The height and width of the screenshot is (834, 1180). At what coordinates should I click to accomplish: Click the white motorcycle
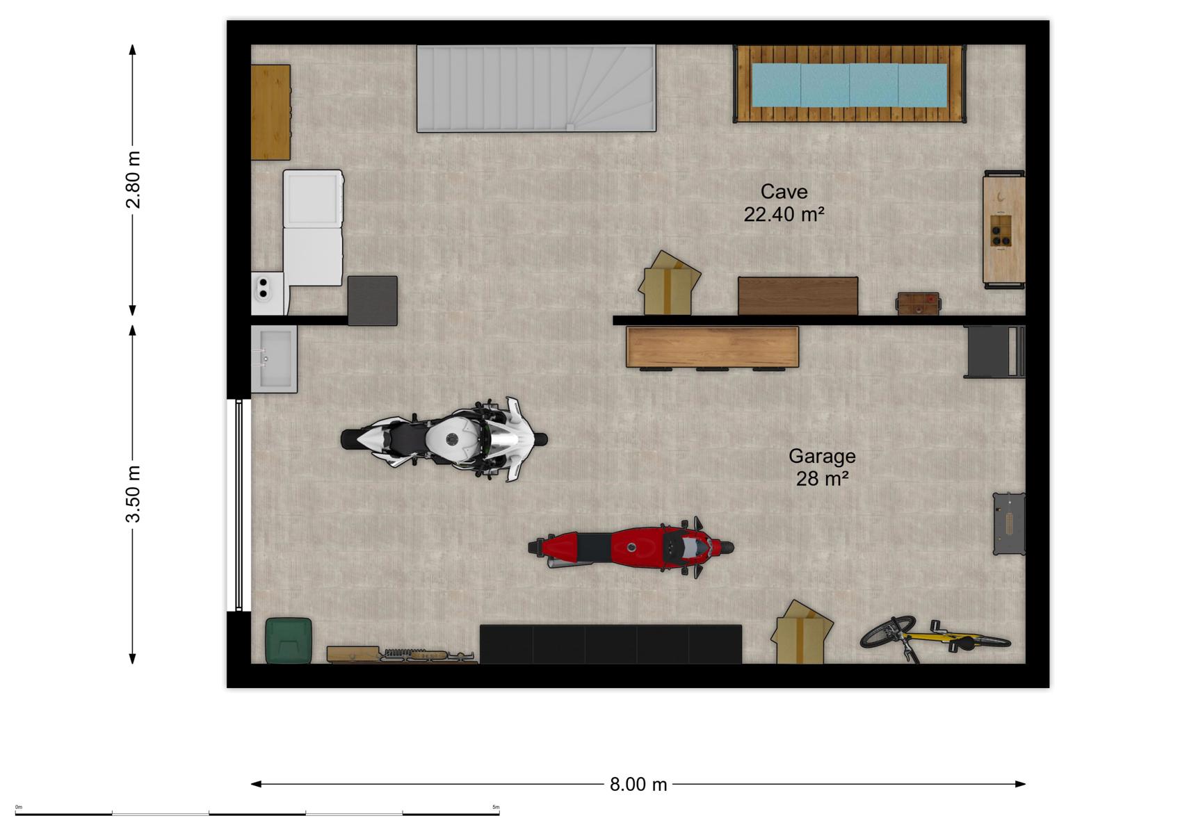(444, 440)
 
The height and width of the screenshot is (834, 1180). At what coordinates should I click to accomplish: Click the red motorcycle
(631, 548)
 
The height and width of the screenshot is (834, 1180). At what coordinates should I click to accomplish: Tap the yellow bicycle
(935, 639)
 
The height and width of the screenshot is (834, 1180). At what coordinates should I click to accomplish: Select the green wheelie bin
(288, 640)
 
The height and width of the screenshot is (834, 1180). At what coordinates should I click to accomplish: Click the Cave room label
(784, 192)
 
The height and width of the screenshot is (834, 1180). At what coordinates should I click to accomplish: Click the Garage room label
(822, 456)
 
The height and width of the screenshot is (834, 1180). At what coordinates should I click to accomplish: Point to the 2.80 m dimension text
(134, 179)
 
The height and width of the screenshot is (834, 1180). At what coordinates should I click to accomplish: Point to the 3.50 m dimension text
(134, 494)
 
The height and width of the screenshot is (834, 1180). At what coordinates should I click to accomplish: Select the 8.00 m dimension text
(638, 785)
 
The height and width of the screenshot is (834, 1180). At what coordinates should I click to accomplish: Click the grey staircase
(536, 88)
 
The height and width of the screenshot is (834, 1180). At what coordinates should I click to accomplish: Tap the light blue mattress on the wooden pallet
(849, 85)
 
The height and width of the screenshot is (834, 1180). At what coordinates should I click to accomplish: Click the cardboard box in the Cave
(669, 284)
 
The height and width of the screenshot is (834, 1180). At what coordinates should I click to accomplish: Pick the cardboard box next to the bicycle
(801, 632)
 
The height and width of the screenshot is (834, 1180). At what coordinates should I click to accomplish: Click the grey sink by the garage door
(274, 359)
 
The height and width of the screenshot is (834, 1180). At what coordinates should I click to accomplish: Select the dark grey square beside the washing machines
(373, 301)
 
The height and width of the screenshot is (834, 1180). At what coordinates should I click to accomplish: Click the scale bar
(257, 814)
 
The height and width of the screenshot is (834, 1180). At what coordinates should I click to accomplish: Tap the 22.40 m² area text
(784, 214)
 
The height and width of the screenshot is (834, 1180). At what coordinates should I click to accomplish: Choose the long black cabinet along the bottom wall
(611, 644)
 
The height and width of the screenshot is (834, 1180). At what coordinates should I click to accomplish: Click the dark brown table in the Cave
(798, 296)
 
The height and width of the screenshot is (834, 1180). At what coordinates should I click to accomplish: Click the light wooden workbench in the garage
(712, 347)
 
